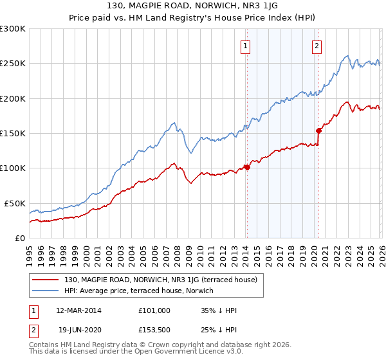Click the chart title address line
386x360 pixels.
193,6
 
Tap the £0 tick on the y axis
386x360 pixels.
19,238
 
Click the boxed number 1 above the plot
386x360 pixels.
246,46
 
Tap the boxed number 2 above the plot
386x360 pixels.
317,46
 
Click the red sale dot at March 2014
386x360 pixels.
246,168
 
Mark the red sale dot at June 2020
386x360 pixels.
318,130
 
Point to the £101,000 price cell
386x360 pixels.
154,310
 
